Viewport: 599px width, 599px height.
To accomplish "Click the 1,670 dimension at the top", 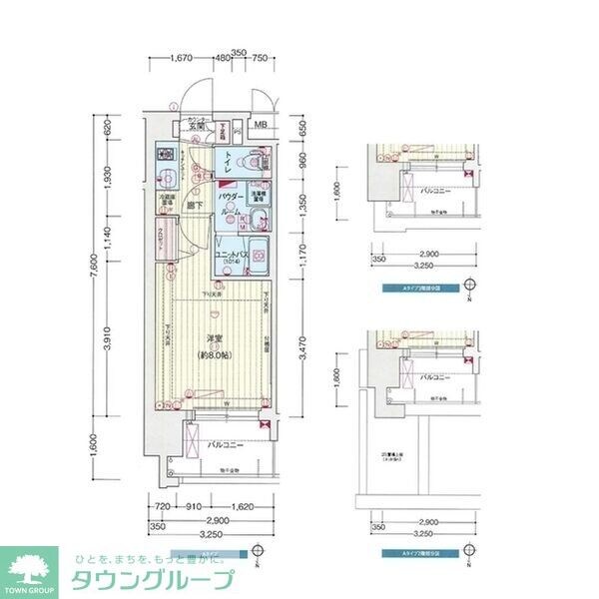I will coord(181,57).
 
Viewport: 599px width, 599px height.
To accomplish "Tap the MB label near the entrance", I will coord(261,126).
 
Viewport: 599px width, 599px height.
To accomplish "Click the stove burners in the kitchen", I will coord(166,156).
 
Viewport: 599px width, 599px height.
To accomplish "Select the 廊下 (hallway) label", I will coord(197,206).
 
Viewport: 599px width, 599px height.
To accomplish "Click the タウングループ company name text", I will coord(152,580).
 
